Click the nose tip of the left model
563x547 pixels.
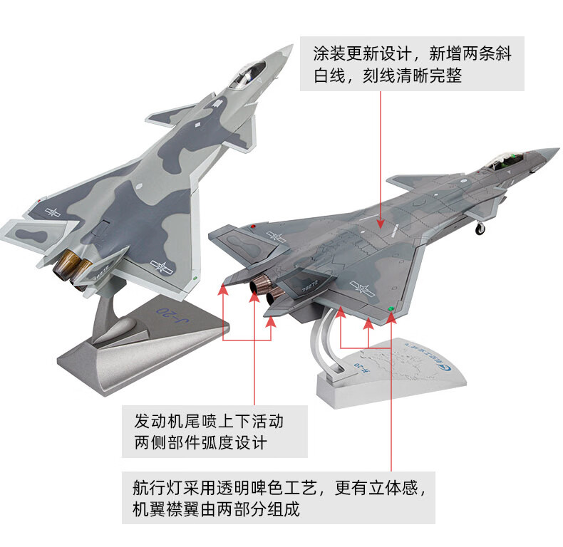290,48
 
